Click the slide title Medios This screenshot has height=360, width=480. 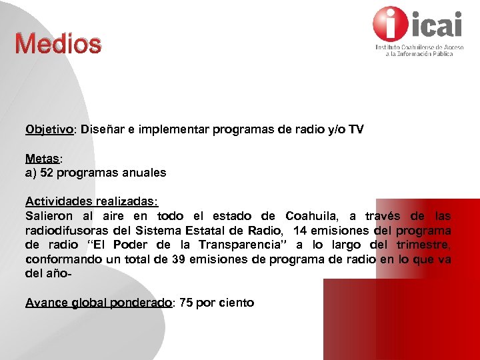[59, 44]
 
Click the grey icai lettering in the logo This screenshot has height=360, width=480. [437, 25]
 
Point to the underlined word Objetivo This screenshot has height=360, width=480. [49, 129]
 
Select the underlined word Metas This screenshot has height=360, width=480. [43, 159]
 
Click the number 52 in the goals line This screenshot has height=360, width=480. [46, 173]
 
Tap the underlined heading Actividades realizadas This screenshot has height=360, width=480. [91, 201]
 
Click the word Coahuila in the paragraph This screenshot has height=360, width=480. [311, 216]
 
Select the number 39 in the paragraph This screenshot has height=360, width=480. [178, 259]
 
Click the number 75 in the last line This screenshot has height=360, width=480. [185, 303]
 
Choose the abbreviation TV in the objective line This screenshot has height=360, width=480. [356, 129]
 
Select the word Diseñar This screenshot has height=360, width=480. [103, 129]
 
